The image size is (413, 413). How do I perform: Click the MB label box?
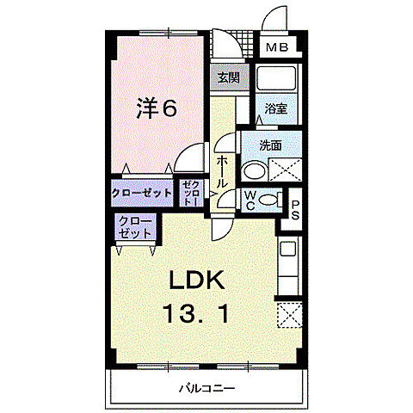[x=276, y=47]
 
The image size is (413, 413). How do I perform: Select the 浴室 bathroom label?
[x=276, y=110]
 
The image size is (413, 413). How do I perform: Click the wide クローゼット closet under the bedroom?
[x=141, y=192]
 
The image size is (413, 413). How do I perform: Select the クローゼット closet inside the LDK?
[x=136, y=229]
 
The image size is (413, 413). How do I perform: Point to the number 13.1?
[x=198, y=314]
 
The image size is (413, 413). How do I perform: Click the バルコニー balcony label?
[x=207, y=388]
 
